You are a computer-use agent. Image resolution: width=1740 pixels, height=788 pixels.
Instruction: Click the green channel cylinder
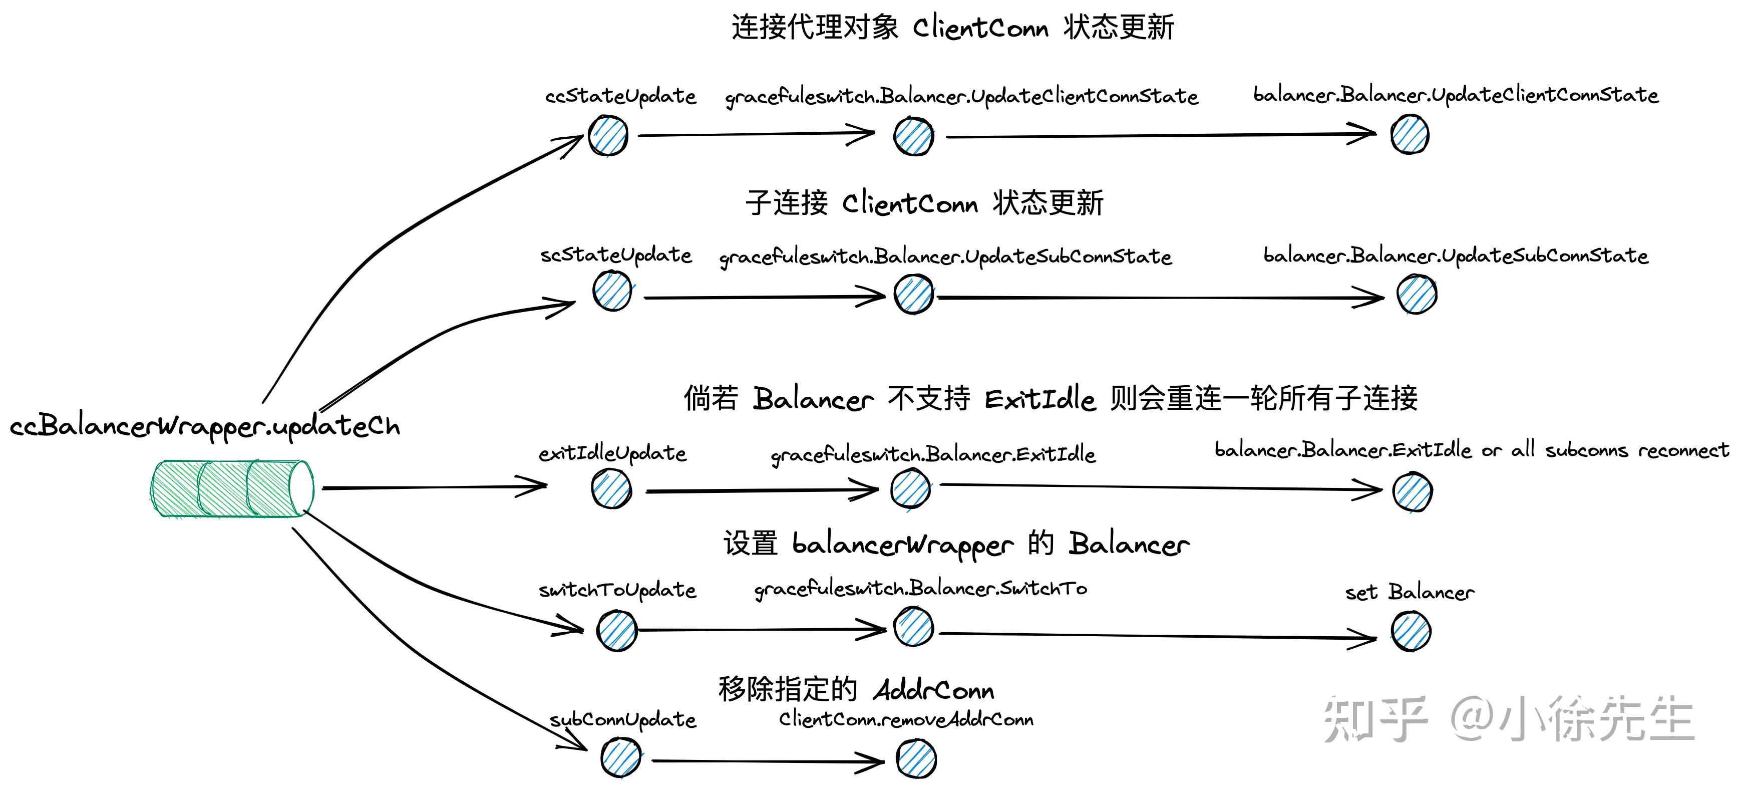231,488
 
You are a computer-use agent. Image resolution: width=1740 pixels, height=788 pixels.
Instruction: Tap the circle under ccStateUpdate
608,136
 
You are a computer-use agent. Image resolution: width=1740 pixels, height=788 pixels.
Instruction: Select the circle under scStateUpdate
612,291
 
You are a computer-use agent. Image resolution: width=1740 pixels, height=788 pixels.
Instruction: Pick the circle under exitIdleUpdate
611,488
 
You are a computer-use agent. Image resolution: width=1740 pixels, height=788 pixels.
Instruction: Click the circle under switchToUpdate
617,631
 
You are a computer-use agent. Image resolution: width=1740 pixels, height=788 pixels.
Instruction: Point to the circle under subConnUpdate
621,757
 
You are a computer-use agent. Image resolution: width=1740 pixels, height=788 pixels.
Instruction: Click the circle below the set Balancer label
1411,631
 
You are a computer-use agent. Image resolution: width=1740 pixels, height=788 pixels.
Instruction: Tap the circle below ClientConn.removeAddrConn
916,758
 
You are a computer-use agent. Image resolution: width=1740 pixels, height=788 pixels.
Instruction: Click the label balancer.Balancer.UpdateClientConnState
1456,95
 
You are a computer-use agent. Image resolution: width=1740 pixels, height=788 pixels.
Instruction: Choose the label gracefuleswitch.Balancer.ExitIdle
933,455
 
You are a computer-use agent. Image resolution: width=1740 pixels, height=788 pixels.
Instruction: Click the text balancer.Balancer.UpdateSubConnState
1456,256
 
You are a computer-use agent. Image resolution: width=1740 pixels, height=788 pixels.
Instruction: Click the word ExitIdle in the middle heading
1039,399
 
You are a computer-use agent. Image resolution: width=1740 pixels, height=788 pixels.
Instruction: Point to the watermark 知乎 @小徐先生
1508,719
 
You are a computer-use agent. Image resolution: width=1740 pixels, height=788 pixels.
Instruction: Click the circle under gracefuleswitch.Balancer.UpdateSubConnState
913,294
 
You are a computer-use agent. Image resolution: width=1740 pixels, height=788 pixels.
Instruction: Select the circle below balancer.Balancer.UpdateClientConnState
1410,134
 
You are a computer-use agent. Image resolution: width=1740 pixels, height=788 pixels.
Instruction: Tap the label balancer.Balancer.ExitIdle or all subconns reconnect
1471,450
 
